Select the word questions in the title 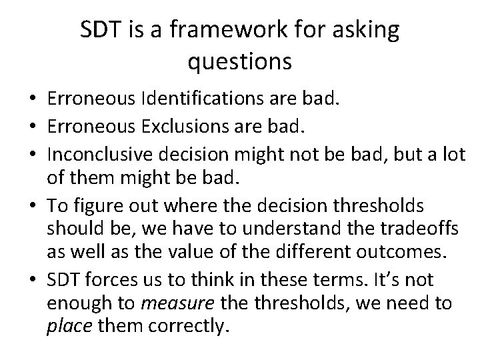(239, 61)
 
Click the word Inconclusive (93, 151)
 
